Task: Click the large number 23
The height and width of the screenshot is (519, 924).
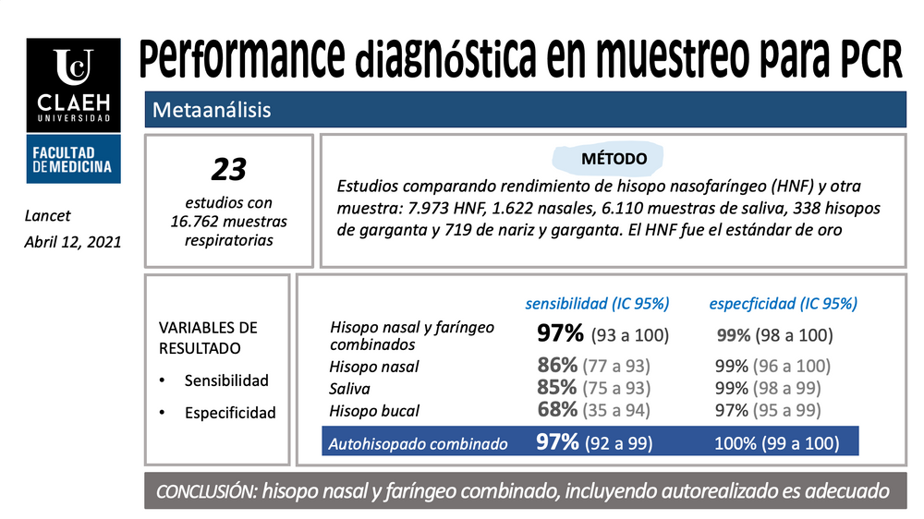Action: coord(229,169)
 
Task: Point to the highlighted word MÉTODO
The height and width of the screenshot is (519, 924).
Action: coord(614,159)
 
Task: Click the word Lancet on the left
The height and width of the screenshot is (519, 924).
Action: coord(47,216)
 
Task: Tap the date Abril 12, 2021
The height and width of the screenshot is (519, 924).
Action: coord(71,242)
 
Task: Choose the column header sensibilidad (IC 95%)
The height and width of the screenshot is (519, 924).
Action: coord(597,303)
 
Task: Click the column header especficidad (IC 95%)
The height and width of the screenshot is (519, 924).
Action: coord(783,303)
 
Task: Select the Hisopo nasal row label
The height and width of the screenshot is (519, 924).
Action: coord(374,367)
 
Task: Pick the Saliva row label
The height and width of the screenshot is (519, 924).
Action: coord(350,389)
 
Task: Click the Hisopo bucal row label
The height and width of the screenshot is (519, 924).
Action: coord(374,411)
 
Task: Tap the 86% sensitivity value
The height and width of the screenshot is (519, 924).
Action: coord(557,366)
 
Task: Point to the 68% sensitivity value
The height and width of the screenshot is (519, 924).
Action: coord(557,410)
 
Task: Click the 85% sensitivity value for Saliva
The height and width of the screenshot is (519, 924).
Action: coord(557,388)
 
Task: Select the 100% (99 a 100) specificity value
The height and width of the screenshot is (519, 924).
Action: coord(776,443)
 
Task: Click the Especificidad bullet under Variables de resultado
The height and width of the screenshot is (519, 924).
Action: coord(229,413)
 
